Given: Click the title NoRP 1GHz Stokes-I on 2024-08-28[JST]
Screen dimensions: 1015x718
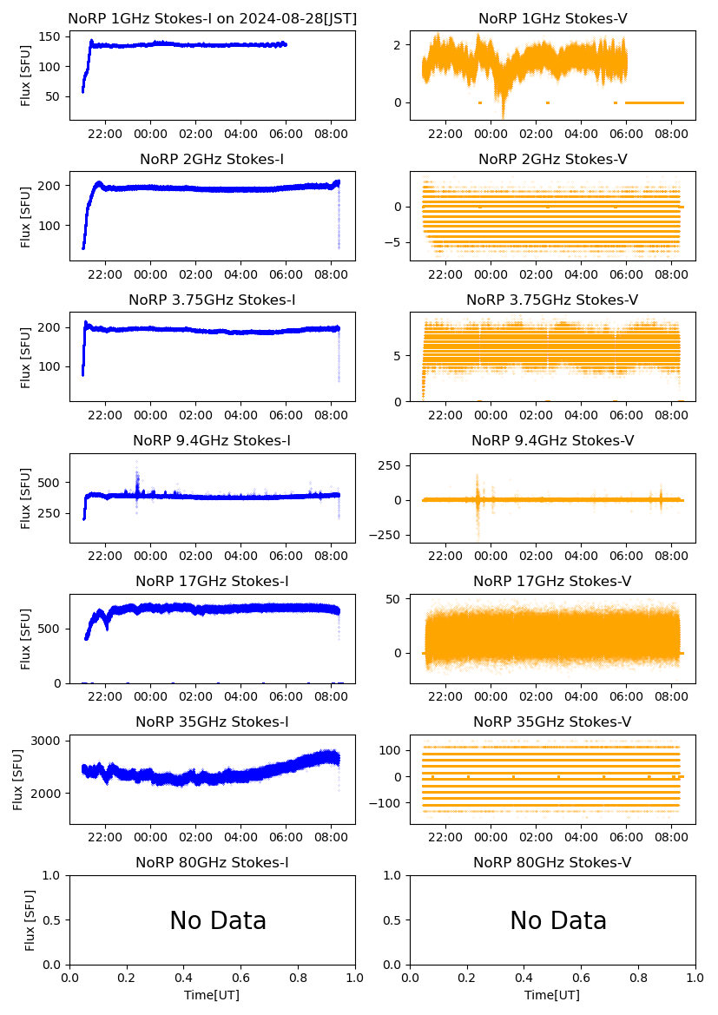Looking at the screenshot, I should pos(212,18).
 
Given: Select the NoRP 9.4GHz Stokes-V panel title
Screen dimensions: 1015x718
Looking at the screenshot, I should pos(552,440).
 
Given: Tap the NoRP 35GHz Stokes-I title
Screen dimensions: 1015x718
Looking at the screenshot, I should pos(212,722).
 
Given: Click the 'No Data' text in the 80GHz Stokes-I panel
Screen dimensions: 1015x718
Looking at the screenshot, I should pos(218,921).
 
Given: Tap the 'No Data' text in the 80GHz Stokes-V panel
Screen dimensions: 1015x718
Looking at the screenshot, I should pos(558,921).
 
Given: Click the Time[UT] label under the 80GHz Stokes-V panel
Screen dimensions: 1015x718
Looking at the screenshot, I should pos(552,995).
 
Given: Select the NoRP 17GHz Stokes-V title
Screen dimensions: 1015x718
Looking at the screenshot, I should pos(552,581).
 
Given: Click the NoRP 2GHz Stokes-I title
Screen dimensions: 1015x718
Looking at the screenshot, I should pos(212,159).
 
